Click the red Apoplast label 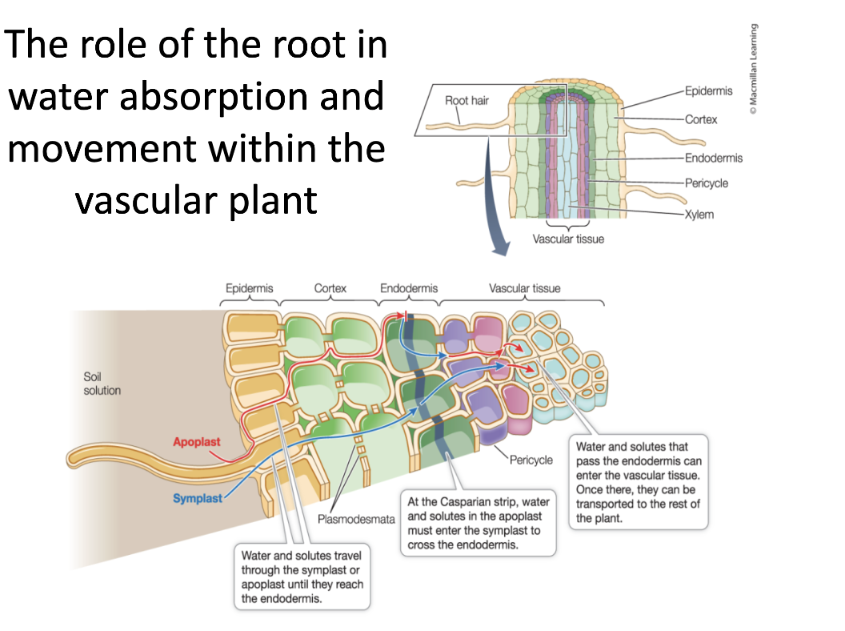coord(197,441)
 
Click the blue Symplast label coord(198,498)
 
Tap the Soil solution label coord(102,384)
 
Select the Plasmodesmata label coord(357,519)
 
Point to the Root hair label coord(467,101)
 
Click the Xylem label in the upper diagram coord(699,215)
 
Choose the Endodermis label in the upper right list coord(713,158)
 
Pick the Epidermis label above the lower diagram coord(250,288)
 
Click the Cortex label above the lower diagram coord(330,288)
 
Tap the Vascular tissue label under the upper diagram coord(568,239)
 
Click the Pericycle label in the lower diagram coord(531,460)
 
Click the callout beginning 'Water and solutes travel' coord(302,577)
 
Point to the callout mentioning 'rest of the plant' coord(639,482)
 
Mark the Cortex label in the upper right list coord(701,119)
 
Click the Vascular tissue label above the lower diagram coord(525,288)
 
